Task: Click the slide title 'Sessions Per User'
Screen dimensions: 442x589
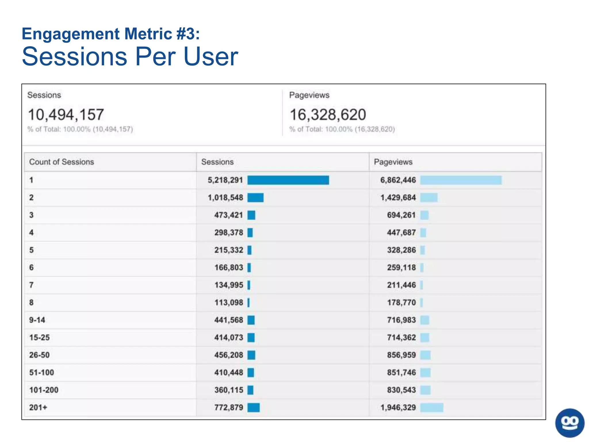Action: pyautogui.click(x=130, y=56)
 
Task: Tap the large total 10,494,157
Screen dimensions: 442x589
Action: pyautogui.click(x=66, y=115)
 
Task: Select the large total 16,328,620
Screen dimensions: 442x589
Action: pyautogui.click(x=328, y=115)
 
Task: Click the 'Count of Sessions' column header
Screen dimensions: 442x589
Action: pyautogui.click(x=62, y=162)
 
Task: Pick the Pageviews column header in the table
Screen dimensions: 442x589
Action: pyautogui.click(x=393, y=162)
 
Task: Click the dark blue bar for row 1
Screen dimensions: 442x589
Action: pyautogui.click(x=288, y=180)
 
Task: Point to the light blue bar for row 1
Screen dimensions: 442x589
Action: pyautogui.click(x=461, y=180)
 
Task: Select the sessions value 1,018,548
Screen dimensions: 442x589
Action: pyautogui.click(x=225, y=198)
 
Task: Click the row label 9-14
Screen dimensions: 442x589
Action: pyautogui.click(x=37, y=320)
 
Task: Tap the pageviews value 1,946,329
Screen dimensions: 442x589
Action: pyautogui.click(x=398, y=407)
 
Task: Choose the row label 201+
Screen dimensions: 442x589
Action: pyautogui.click(x=38, y=407)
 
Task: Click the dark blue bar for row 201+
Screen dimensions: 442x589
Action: pyautogui.click(x=253, y=407)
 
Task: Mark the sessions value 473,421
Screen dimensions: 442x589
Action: pyautogui.click(x=229, y=215)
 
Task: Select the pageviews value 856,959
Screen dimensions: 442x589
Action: pyautogui.click(x=401, y=355)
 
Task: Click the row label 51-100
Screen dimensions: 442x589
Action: pyautogui.click(x=42, y=372)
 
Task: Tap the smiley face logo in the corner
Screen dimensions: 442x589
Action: pyautogui.click(x=570, y=423)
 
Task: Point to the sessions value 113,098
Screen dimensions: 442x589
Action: pyautogui.click(x=229, y=302)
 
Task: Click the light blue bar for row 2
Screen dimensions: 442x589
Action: pyautogui.click(x=429, y=198)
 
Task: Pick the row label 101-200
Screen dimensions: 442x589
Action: pyautogui.click(x=44, y=390)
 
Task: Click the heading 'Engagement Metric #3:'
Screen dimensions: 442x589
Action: pyautogui.click(x=111, y=34)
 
